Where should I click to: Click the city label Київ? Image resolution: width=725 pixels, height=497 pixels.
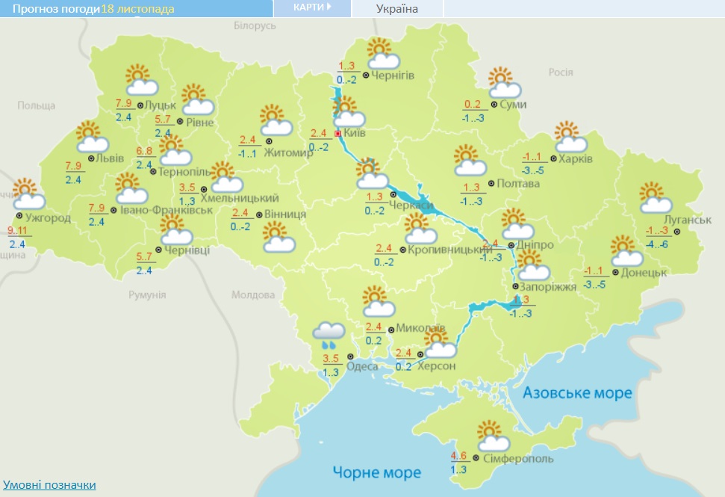355,134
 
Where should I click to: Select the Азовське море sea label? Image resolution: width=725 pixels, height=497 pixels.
577,393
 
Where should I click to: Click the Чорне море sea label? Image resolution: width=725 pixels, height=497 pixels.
376,472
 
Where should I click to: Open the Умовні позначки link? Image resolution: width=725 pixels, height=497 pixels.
49,484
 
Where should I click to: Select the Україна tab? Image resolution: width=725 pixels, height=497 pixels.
396,9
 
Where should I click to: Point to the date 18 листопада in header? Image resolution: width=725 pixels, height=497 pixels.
138,9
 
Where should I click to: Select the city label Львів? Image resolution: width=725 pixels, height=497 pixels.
106,158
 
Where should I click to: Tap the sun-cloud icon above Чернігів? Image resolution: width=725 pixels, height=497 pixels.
384,53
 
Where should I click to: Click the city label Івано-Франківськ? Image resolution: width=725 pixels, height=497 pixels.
166,210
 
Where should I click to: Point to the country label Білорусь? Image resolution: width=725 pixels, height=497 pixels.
255,25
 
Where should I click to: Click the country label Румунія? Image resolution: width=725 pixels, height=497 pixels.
147,294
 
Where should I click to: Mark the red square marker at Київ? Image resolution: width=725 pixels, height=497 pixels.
337,134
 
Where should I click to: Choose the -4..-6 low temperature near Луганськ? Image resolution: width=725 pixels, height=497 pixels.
659,244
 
